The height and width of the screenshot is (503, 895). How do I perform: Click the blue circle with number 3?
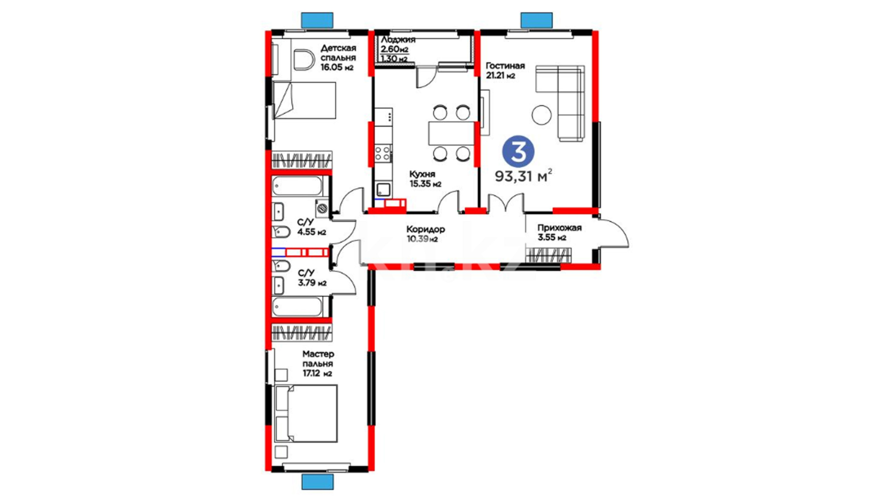tap(518, 151)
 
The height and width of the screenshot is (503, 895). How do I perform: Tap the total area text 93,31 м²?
tap(523, 176)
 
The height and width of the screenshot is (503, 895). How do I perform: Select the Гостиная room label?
tap(505, 66)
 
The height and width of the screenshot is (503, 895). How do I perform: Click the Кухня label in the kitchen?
tap(422, 174)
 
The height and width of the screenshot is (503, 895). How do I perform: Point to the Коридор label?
tap(426, 229)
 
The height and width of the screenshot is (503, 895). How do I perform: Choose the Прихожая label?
tap(559, 228)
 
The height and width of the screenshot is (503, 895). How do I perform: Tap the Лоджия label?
tap(398, 40)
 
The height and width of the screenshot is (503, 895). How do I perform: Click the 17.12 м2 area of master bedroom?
tap(317, 373)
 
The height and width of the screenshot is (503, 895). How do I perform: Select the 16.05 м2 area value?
tap(337, 67)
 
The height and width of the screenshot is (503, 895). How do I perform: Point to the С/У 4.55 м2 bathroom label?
tap(311, 227)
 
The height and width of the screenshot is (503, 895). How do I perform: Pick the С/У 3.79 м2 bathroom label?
tap(312, 278)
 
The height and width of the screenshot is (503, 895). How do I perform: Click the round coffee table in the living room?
tap(541, 115)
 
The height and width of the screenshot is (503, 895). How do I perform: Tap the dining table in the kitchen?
tap(451, 133)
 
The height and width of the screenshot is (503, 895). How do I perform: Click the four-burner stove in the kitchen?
tap(383, 153)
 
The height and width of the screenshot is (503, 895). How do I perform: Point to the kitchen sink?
tap(384, 190)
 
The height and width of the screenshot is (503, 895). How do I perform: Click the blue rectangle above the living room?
tap(537, 20)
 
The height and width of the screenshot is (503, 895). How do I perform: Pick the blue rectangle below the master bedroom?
tap(317, 482)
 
